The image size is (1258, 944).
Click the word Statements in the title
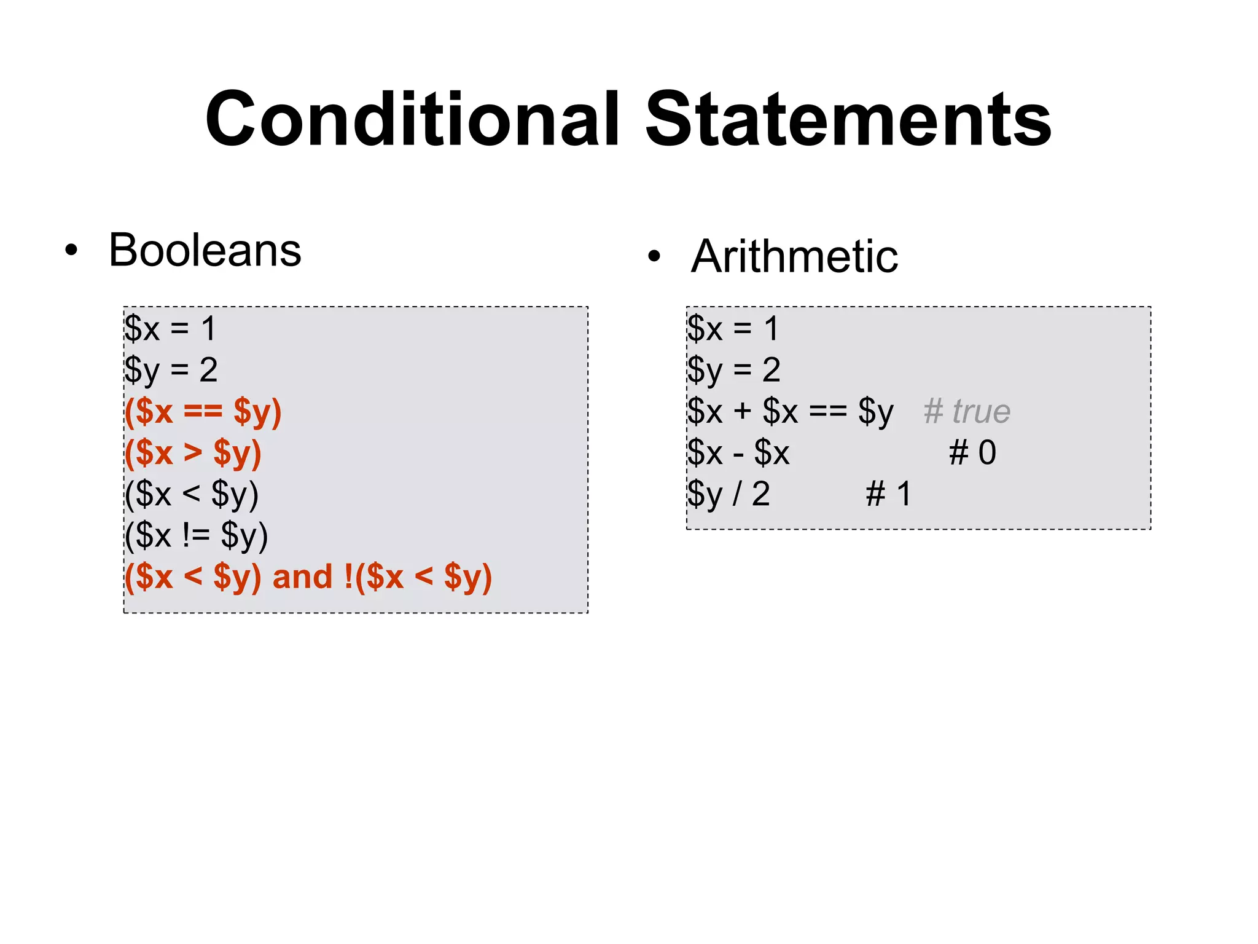848,120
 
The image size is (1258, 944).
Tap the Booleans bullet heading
205,250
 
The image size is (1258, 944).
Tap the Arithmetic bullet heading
794,256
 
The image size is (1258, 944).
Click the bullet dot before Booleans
72,251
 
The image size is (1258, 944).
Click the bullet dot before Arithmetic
655,256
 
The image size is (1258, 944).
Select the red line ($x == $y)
203,412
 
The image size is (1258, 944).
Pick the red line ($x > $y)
193,453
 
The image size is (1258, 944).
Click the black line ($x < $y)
192,494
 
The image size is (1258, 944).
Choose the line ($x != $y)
197,535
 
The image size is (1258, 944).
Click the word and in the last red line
302,577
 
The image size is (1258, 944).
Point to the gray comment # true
967,411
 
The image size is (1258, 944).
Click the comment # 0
972,453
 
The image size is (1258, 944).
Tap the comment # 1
888,494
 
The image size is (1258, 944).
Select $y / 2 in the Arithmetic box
729,494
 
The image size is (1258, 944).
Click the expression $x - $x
738,453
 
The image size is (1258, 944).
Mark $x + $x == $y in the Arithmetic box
790,411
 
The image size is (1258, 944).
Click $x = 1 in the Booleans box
170,328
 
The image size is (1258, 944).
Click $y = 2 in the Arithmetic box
733,370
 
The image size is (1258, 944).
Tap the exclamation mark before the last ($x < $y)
349,577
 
